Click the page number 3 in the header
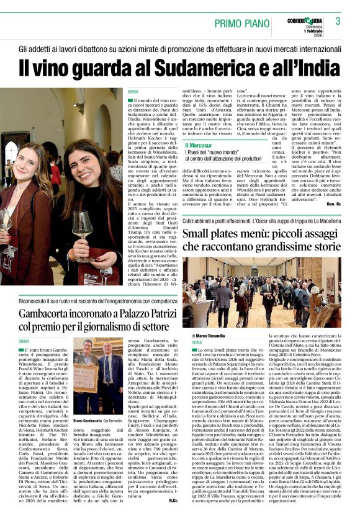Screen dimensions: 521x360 338,21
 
